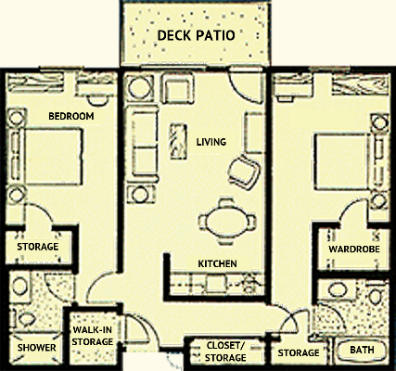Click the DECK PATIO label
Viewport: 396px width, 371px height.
click(197, 35)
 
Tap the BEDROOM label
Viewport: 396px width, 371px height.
click(71, 116)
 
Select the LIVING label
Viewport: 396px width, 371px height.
click(211, 142)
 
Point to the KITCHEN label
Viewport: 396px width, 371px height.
click(217, 263)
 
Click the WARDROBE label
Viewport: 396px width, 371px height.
click(354, 249)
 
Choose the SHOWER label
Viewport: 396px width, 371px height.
click(36, 348)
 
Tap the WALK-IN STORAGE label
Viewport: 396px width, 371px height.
click(93, 336)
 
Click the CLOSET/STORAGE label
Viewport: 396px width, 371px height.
click(225, 352)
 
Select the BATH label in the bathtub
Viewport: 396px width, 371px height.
click(362, 350)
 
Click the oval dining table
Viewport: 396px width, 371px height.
click(227, 222)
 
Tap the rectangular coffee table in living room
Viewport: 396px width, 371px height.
click(178, 141)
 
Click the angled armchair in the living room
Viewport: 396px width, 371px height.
click(244, 172)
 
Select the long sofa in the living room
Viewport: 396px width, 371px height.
click(142, 144)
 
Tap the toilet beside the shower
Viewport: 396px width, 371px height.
click(25, 318)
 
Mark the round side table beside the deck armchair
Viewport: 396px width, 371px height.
click(140, 88)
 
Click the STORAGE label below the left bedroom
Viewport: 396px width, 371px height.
click(38, 247)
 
